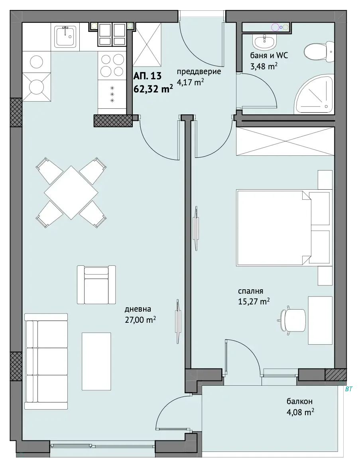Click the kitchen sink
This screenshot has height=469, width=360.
(x=65, y=36)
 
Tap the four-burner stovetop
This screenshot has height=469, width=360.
(x=112, y=65)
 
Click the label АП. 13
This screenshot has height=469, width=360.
(x=148, y=76)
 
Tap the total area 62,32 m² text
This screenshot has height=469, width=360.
(x=153, y=89)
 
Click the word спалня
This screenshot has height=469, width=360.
(x=250, y=291)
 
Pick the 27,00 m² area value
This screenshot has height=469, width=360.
(x=140, y=320)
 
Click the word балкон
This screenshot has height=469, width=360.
(x=299, y=401)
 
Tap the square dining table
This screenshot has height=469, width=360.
(x=71, y=192)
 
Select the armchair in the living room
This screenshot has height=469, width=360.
(x=96, y=285)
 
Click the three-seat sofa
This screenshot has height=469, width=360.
(x=46, y=361)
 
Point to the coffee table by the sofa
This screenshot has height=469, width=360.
(x=96, y=361)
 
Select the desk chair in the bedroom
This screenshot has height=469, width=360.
(x=292, y=320)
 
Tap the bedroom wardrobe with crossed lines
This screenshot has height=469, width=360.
(x=285, y=141)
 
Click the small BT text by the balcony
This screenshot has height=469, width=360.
(x=348, y=389)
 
